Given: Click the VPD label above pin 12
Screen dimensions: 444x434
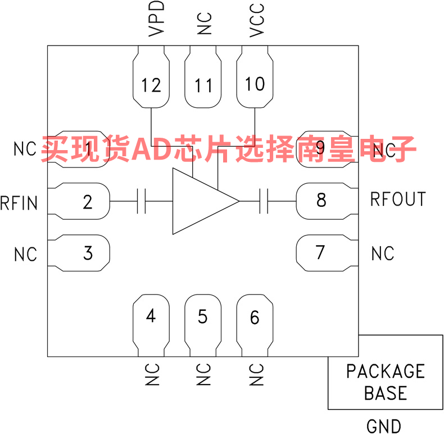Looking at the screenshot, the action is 156,19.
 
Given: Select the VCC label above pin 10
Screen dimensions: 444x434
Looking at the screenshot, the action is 257,20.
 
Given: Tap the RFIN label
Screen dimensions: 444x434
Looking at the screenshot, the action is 19,202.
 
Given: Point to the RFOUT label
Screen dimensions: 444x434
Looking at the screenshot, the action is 398,199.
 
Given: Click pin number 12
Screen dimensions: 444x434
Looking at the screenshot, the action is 151,85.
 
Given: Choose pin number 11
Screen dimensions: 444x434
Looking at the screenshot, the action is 203,85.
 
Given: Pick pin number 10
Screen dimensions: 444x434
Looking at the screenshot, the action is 255,84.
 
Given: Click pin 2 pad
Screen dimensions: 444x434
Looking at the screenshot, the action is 79,201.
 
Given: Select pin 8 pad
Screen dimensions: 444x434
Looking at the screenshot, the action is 327,201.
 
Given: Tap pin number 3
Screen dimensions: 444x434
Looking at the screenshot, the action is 88,253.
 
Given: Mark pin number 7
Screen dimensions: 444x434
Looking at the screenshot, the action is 320,252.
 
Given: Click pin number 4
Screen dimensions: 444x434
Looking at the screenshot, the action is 151,315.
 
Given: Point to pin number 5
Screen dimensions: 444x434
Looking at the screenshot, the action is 203,316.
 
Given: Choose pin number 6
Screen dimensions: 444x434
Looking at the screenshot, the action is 255,317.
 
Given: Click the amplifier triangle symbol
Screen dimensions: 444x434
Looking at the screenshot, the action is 206,201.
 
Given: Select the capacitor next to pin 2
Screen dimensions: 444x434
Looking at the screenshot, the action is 141,201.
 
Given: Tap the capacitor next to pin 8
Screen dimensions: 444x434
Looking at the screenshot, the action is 264,201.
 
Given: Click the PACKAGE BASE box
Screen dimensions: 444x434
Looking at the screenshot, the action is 386,372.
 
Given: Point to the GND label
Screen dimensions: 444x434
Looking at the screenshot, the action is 384,426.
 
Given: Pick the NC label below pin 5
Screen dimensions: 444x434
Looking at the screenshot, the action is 203,374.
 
